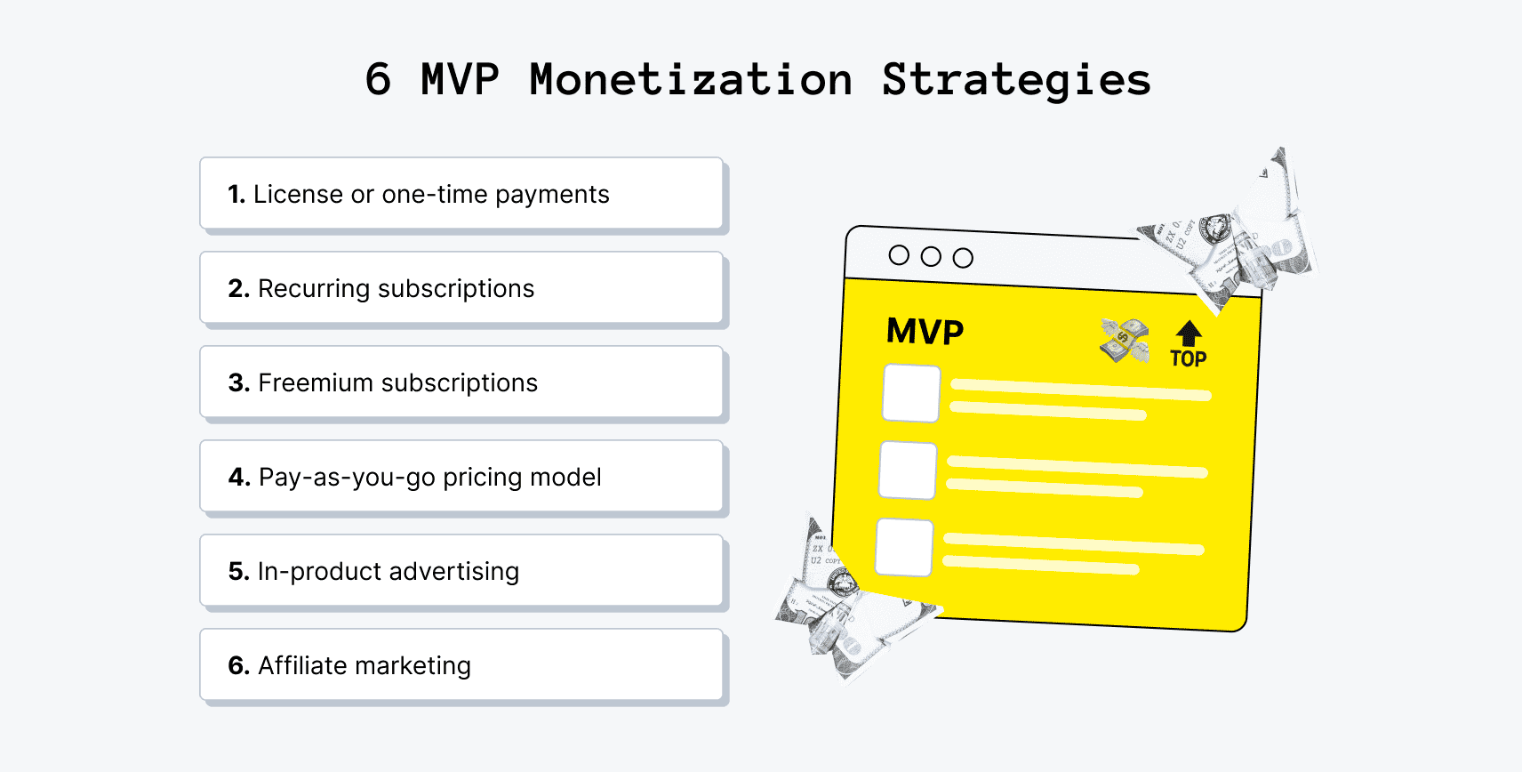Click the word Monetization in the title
(x=691, y=80)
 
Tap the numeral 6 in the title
(x=378, y=80)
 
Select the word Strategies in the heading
(x=1016, y=80)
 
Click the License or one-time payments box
(x=461, y=194)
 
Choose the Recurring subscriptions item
(x=461, y=288)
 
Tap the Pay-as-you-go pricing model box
(x=461, y=477)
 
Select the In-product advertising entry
(x=461, y=571)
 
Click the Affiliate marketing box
(x=461, y=665)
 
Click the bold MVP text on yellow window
(x=925, y=332)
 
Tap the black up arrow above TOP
(x=1189, y=334)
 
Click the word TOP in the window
(x=1188, y=359)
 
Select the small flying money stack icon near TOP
(x=1125, y=341)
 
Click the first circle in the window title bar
(x=899, y=255)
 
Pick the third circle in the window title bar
(x=963, y=258)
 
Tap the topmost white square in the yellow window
(x=911, y=393)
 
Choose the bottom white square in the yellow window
(x=904, y=548)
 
